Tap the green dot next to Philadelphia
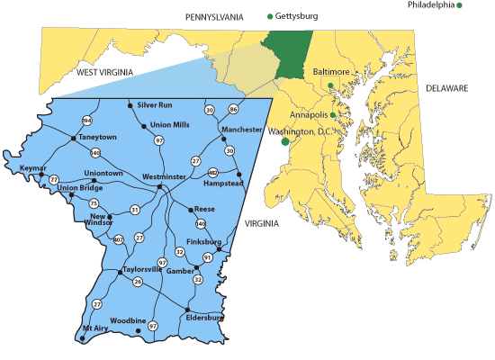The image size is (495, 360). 459,6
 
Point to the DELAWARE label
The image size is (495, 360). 447,88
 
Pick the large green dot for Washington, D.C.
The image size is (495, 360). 285,141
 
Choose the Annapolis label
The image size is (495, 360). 310,115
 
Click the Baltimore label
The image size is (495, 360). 330,71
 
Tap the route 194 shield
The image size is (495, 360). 87,121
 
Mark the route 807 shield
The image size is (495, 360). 119,239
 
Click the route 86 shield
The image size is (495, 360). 233,110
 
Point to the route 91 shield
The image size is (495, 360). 207,257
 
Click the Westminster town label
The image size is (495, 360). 163,177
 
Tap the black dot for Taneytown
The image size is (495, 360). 73,139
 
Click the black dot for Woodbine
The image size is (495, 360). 138,331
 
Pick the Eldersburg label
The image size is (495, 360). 203,317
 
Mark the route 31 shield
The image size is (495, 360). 135,210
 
